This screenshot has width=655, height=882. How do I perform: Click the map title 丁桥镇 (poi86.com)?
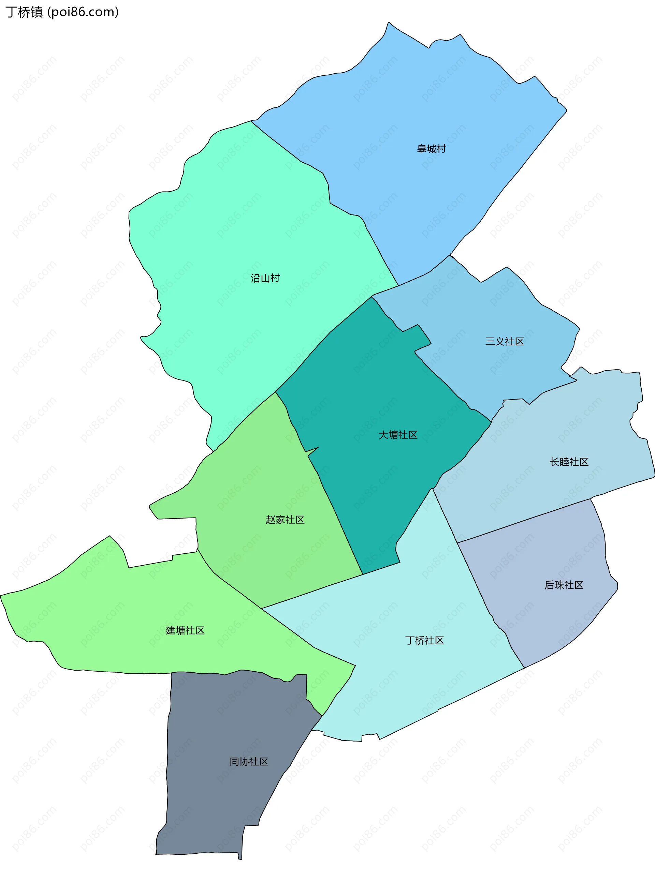tap(62, 12)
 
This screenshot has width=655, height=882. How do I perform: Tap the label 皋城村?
tap(432, 149)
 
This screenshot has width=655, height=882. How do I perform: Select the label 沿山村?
tap(265, 278)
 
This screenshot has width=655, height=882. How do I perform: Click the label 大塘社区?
tap(398, 435)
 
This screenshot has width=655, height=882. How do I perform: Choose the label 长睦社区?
tap(569, 462)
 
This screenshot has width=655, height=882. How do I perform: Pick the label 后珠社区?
tap(564, 585)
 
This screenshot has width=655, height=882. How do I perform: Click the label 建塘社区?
tap(185, 630)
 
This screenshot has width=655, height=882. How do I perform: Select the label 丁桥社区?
tap(424, 640)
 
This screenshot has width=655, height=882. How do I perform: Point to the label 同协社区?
tap(249, 762)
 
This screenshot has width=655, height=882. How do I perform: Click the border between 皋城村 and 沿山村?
tap(309, 166)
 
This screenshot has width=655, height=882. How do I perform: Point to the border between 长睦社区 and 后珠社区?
tap(523, 521)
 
